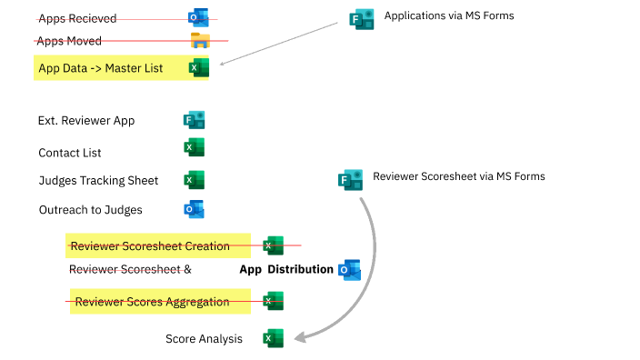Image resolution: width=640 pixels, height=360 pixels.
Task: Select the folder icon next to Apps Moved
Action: click(x=199, y=41)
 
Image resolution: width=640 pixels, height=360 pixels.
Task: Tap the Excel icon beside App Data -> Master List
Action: click(x=198, y=68)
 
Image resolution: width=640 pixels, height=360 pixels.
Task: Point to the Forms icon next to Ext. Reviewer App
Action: click(x=195, y=120)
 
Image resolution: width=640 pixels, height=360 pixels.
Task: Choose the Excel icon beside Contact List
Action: click(x=195, y=148)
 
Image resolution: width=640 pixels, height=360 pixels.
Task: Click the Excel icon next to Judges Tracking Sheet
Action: click(x=195, y=180)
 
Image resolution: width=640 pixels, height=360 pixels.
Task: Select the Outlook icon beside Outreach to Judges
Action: click(x=195, y=210)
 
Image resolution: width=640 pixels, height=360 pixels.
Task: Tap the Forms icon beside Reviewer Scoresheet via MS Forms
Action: click(x=351, y=178)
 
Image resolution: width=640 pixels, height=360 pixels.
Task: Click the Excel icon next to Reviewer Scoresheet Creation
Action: click(x=273, y=245)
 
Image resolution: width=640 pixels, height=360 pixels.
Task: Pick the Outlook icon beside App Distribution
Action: click(x=349, y=269)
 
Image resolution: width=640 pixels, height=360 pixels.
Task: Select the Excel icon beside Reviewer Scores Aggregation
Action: click(x=273, y=302)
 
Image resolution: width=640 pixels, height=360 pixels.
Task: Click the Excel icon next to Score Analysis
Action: click(x=273, y=338)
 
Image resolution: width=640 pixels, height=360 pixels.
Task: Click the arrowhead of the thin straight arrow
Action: click(x=223, y=64)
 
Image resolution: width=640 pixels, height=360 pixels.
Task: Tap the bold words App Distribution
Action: click(x=286, y=270)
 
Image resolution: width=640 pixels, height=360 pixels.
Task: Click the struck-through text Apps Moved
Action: click(x=70, y=41)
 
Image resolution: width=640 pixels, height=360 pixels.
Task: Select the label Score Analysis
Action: click(x=204, y=339)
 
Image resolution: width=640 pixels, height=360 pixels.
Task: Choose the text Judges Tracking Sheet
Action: click(x=98, y=180)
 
